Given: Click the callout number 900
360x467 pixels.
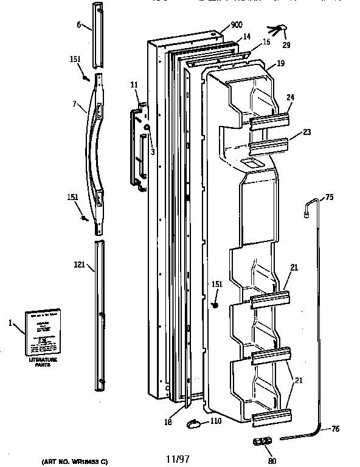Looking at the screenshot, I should [x=236, y=27].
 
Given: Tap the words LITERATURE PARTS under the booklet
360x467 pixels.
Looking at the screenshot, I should [x=38, y=363].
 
